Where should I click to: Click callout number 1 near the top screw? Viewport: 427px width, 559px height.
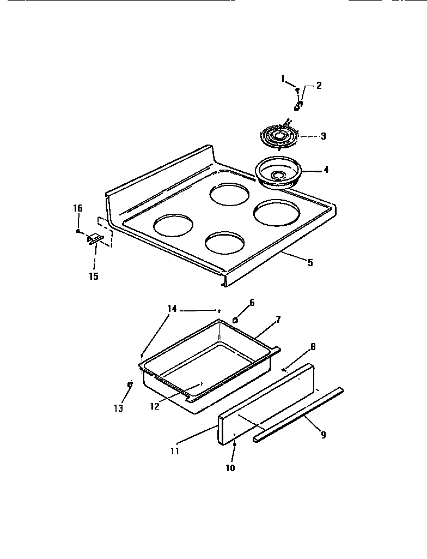point(283,79)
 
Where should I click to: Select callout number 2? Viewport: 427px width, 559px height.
point(319,85)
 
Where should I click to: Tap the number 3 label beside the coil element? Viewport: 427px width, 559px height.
point(323,136)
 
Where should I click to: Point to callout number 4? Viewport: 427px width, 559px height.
point(326,170)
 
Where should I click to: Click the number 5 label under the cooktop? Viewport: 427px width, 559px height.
point(310,262)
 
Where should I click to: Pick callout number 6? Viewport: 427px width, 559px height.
point(252,302)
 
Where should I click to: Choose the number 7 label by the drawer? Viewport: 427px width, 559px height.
point(278,319)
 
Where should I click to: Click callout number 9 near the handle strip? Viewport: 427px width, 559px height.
point(323,435)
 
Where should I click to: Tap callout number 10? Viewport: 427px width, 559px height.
point(230,468)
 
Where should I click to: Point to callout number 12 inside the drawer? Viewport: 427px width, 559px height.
point(155,406)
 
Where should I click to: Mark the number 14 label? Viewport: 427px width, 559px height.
point(172,309)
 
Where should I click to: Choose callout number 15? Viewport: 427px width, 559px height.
point(94,277)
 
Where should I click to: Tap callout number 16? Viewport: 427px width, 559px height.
point(78,208)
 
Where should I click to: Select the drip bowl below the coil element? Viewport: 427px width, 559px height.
point(278,173)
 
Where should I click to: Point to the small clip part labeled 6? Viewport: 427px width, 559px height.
point(235,319)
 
